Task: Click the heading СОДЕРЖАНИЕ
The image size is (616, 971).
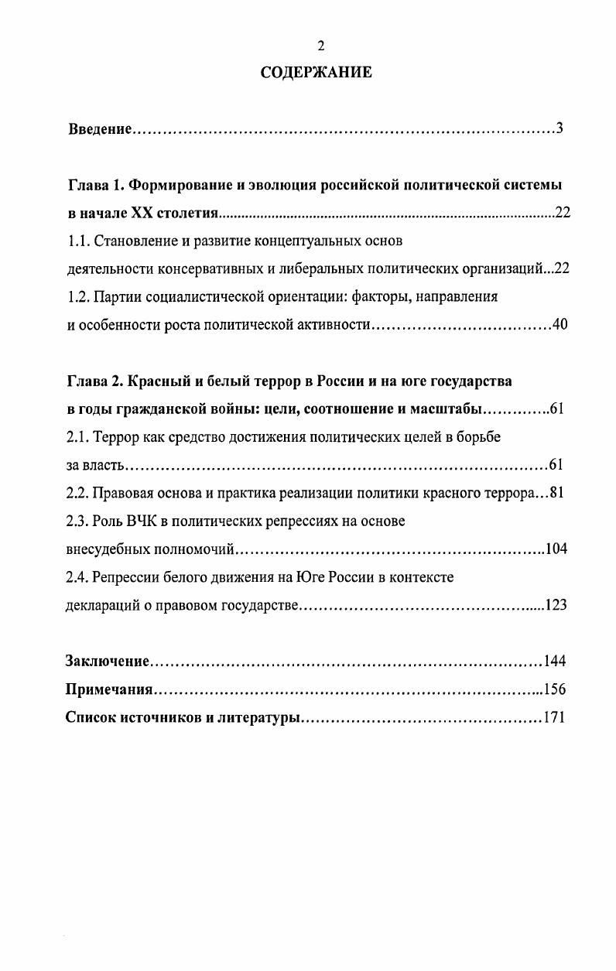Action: (316, 73)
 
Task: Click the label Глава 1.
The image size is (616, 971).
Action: (96, 186)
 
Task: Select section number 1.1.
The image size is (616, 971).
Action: (77, 241)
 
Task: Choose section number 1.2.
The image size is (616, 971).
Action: (77, 296)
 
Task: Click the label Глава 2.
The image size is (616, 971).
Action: (96, 381)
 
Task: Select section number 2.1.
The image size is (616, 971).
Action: (77, 437)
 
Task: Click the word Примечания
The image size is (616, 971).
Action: (109, 689)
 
